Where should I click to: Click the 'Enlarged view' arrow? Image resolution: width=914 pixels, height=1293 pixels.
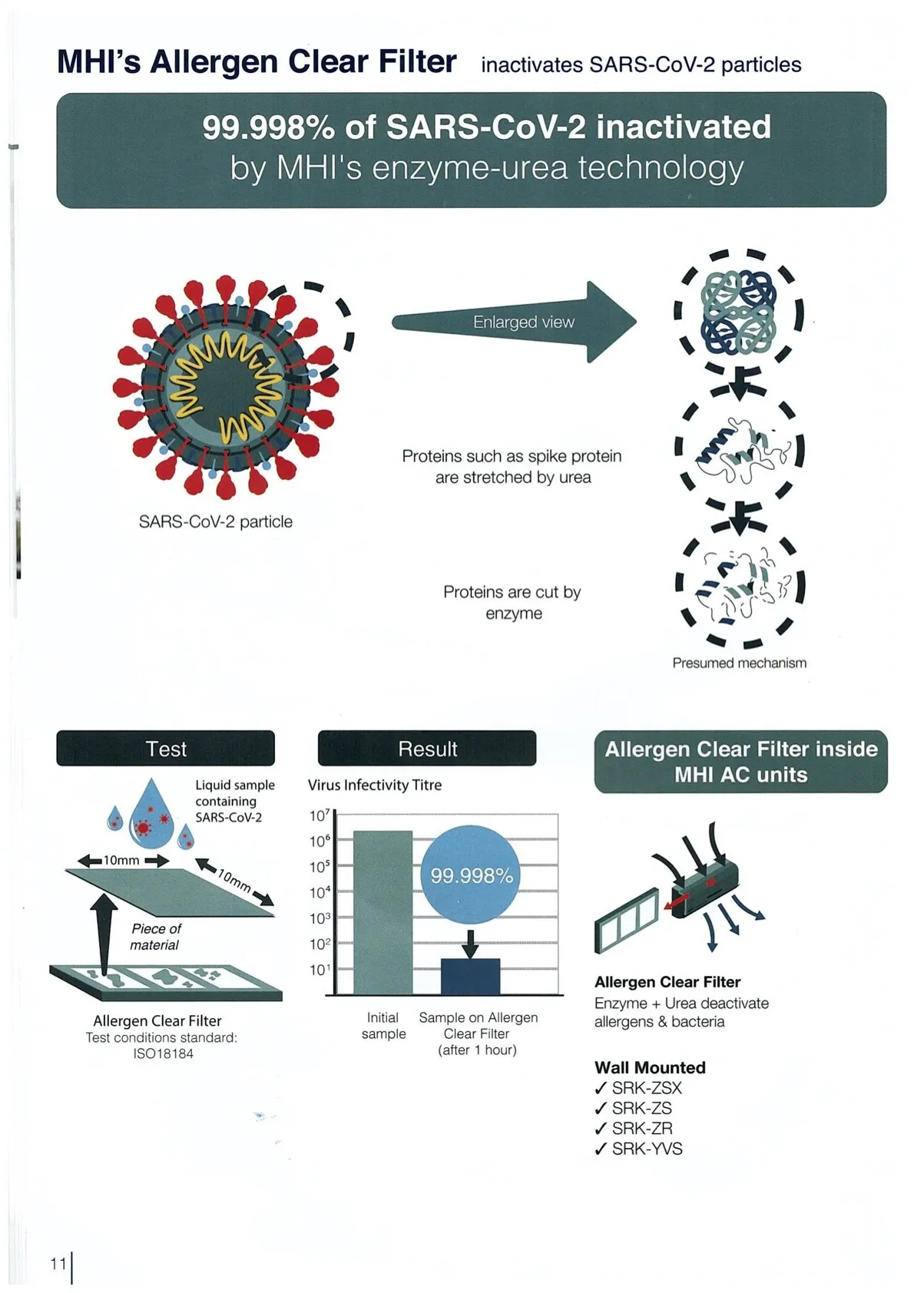coord(515,322)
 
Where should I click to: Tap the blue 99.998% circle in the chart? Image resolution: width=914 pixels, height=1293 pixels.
coord(471,875)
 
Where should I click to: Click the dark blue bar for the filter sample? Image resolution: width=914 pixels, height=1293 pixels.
coord(470,976)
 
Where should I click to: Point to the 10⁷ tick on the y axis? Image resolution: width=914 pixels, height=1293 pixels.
coord(320,815)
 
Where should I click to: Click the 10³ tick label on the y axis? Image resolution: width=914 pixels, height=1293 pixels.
coord(320,918)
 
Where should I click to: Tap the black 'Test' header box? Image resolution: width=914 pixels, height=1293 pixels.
coord(165,749)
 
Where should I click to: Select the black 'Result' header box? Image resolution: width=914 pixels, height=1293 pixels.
coord(427,749)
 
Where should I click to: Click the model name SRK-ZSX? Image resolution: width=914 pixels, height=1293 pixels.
coord(646,1088)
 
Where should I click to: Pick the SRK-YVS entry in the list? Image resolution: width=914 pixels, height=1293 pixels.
coord(647,1149)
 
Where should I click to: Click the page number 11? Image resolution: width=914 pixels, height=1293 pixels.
coord(58,1263)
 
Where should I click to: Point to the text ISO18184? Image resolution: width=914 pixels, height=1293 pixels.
coord(163,1053)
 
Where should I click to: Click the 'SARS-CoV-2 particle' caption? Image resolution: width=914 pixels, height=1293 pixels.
coord(215,521)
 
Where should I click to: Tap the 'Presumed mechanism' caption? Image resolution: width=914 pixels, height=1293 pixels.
coord(739,663)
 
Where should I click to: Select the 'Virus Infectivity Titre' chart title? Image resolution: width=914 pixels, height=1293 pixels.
coord(375,785)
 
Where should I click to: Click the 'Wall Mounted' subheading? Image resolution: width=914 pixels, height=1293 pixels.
coord(650,1067)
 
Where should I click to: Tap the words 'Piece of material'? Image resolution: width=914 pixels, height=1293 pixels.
coord(155,937)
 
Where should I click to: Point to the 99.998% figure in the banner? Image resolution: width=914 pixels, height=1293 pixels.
coord(268,127)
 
